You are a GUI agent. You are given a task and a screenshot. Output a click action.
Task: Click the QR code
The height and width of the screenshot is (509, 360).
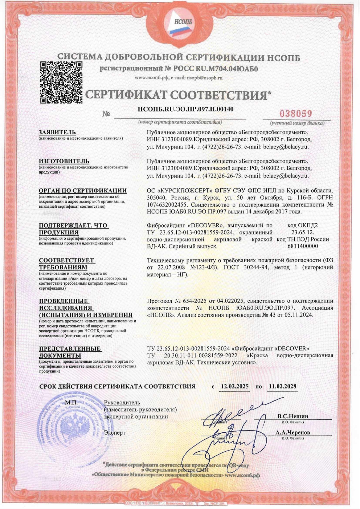61,82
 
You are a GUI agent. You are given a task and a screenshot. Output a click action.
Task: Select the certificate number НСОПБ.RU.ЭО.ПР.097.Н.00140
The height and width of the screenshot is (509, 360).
185,109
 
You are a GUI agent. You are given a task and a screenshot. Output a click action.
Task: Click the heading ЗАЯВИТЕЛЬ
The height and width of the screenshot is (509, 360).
57,132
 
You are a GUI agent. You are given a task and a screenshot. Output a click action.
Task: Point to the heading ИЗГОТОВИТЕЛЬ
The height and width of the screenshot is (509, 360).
64,161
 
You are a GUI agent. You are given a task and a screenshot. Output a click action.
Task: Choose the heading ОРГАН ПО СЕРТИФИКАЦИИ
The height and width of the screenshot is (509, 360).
83,191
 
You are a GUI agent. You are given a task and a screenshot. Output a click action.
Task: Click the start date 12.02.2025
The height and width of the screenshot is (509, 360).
235,386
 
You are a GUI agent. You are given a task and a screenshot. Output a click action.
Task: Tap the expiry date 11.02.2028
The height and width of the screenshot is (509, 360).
282,386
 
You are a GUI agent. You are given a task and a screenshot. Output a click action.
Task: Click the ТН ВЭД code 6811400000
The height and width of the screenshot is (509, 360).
302,246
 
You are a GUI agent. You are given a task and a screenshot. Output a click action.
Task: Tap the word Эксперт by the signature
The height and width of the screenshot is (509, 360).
115,432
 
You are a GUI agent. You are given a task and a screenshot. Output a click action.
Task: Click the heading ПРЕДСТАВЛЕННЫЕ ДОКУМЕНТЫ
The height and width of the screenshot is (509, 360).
70,352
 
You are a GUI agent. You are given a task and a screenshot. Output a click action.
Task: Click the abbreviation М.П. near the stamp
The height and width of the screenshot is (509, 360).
71,403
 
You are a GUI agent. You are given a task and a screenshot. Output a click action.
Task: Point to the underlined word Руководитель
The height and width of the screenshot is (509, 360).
122,403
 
